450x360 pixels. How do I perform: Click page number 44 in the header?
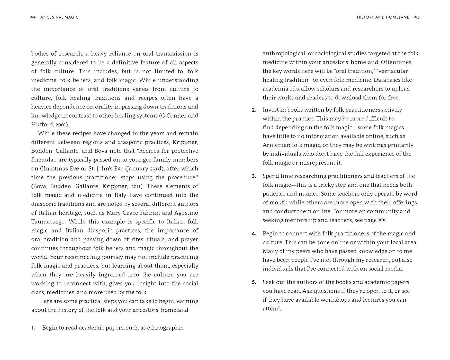pyautogui.click(x=33, y=17)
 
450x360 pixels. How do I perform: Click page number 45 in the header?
pyautogui.click(x=417, y=17)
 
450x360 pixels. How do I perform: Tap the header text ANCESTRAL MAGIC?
pyautogui.click(x=59, y=17)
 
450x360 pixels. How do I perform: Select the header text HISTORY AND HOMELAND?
pyautogui.click(x=383, y=17)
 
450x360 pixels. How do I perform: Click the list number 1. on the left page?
pyautogui.click(x=33, y=328)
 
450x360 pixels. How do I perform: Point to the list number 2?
pyautogui.click(x=254, y=110)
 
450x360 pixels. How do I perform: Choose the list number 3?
pyautogui.click(x=254, y=176)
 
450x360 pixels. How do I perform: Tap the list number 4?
pyautogui.click(x=254, y=234)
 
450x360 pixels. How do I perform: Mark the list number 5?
pyautogui.click(x=254, y=282)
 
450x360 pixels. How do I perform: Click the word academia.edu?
pyautogui.click(x=281, y=89)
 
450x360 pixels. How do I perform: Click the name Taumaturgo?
pyautogui.click(x=48, y=222)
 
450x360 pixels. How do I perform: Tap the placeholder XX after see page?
pyautogui.click(x=382, y=220)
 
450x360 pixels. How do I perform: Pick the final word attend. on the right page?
pyautogui.click(x=272, y=309)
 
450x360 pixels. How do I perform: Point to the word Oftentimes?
pyautogui.click(x=396, y=62)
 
